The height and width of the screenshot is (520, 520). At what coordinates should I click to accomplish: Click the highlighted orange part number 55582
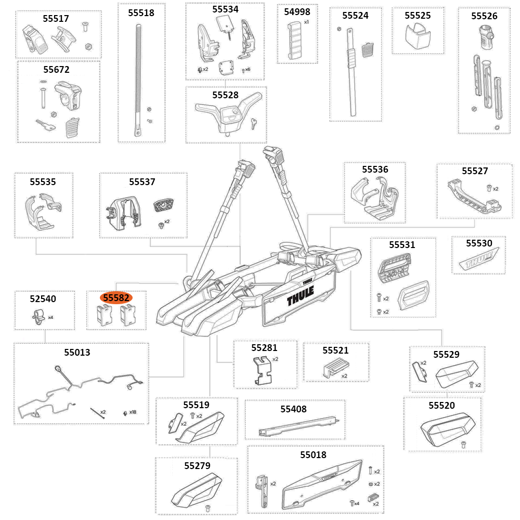[116, 298]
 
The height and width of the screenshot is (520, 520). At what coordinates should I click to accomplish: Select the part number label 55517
[56, 18]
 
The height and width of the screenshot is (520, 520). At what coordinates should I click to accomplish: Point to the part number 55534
[225, 9]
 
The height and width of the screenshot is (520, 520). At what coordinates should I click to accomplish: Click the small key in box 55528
[252, 123]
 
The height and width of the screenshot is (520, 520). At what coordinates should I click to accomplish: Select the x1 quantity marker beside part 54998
[306, 22]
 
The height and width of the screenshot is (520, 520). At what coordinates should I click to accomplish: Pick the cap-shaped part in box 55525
[418, 36]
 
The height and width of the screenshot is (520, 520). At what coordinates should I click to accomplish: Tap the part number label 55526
[484, 16]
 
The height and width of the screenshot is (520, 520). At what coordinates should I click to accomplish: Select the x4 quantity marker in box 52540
[50, 317]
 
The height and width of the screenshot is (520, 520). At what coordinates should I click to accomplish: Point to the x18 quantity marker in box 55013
[133, 412]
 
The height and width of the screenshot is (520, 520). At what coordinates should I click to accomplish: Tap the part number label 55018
[313, 455]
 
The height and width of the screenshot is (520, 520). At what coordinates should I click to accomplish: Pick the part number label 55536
[375, 170]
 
